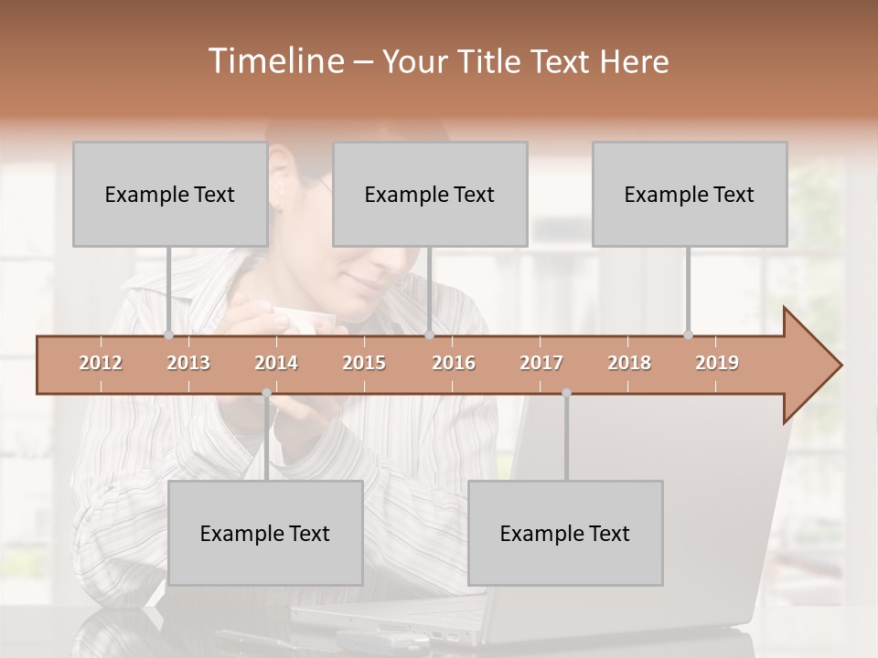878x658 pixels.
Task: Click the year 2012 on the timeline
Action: point(101,363)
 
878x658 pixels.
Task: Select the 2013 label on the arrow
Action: point(188,363)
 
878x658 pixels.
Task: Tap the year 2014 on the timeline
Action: point(276,363)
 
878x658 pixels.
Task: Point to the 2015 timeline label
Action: point(364,363)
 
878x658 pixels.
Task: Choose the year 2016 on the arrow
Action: point(454,363)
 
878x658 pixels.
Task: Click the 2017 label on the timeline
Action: point(541,363)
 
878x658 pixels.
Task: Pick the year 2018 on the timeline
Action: point(629,363)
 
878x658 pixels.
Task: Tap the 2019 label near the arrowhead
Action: point(717,363)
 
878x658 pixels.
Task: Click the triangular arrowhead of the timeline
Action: point(809,366)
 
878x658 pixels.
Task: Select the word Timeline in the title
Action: point(273,61)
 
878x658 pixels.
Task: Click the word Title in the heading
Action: point(489,61)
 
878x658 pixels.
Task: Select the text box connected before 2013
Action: point(170,194)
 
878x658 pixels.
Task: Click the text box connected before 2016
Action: point(430,194)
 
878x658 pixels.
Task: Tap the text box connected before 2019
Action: point(690,194)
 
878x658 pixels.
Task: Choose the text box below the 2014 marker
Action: point(265,533)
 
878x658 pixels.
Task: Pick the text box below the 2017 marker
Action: point(565,533)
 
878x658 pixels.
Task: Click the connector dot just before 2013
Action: point(168,334)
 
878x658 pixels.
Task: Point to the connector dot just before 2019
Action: point(688,334)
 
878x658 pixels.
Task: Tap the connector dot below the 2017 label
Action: point(566,393)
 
